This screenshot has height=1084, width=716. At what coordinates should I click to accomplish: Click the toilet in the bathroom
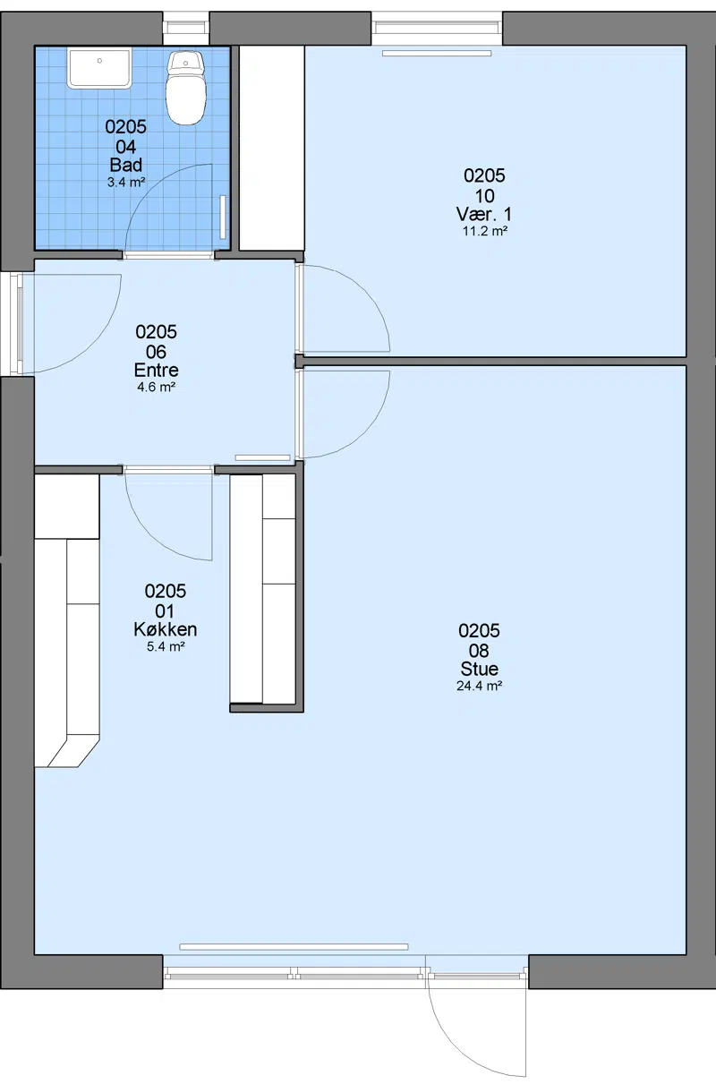click(x=186, y=88)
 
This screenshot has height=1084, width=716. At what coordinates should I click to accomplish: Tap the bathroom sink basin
click(x=99, y=68)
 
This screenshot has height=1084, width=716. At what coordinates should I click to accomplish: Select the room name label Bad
click(x=126, y=165)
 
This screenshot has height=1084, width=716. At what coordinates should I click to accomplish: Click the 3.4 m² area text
click(x=126, y=183)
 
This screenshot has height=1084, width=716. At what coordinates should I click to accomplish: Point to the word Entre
click(x=157, y=371)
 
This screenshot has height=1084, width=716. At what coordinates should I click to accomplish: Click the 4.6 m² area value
click(x=157, y=387)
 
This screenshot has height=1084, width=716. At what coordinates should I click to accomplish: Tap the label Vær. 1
click(x=484, y=214)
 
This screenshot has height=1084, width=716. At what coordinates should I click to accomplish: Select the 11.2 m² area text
click(x=485, y=231)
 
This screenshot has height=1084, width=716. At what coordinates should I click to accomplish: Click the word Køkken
click(x=166, y=629)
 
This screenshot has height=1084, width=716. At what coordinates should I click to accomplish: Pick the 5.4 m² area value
click(x=166, y=646)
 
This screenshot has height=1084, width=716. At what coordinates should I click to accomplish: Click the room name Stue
click(x=479, y=669)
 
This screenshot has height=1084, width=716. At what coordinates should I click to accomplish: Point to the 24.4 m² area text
click(x=479, y=686)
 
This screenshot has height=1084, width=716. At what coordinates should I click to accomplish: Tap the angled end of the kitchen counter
click(x=72, y=751)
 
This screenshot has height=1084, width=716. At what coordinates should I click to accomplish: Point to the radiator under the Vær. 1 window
click(x=437, y=53)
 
